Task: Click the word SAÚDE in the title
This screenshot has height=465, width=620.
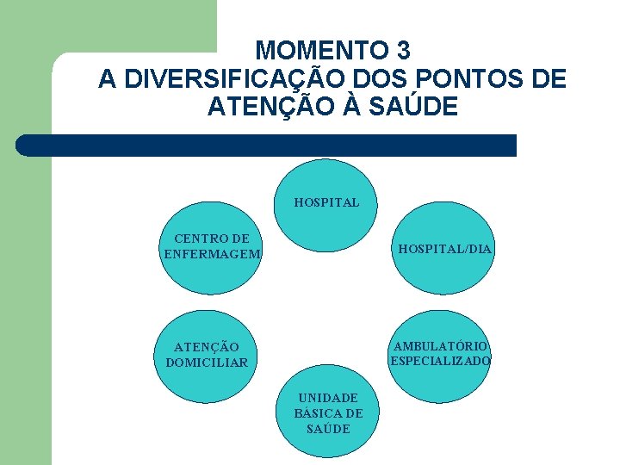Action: click(416, 108)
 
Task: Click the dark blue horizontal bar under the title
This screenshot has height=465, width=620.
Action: click(267, 146)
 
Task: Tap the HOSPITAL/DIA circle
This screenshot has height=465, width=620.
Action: click(443, 249)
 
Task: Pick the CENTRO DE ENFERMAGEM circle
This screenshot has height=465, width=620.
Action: click(212, 249)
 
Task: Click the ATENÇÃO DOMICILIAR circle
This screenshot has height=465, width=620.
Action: click(207, 355)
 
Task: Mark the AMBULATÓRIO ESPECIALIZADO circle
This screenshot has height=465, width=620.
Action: click(441, 354)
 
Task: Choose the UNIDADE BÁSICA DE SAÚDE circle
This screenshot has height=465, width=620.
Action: click(328, 413)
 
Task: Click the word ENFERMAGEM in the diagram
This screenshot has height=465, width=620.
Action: click(212, 253)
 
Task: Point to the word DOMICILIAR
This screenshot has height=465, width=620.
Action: click(207, 363)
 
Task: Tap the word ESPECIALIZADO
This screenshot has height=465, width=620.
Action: click(441, 361)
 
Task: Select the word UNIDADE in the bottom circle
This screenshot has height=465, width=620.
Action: click(328, 399)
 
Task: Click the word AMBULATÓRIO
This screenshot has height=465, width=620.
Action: click(441, 347)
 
